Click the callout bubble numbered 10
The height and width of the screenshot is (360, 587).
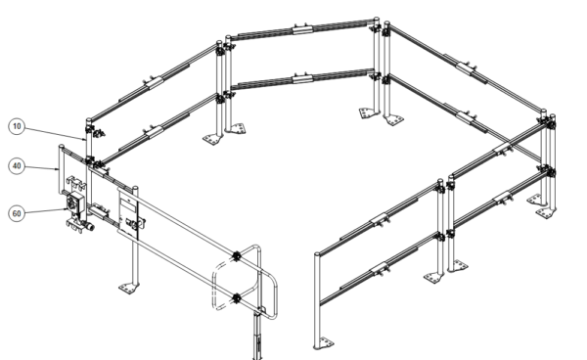pyautogui.click(x=17, y=126)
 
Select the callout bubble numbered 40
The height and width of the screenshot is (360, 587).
pyautogui.click(x=17, y=166)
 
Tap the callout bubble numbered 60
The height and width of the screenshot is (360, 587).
pyautogui.click(x=17, y=213)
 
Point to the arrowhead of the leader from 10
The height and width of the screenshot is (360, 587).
pyautogui.click(x=84, y=139)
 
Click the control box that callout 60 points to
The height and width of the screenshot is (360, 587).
pyautogui.click(x=73, y=203)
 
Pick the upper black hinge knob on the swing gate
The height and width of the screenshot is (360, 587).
pyautogui.click(x=237, y=256)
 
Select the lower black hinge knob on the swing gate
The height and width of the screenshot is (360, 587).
pyautogui.click(x=237, y=298)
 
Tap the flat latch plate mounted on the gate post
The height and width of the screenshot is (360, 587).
pyautogui.click(x=127, y=214)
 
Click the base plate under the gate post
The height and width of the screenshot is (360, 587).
pyautogui.click(x=128, y=289)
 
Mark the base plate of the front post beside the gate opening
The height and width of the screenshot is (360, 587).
pyautogui.click(x=324, y=343)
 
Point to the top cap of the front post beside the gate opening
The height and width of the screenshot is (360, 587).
pyautogui.click(x=317, y=254)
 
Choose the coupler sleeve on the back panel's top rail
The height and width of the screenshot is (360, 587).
pyautogui.click(x=302, y=29)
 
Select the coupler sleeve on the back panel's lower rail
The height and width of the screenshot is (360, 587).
pyautogui.click(x=302, y=79)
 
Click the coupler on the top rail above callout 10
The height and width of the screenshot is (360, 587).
pyautogui.click(x=155, y=82)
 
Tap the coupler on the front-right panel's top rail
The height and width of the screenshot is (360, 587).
pyautogui.click(x=381, y=219)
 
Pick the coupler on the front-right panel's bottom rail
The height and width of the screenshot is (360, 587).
pyautogui.click(x=381, y=268)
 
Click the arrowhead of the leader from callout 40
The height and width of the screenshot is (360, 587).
pyautogui.click(x=57, y=169)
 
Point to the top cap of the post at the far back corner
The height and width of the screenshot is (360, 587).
pyautogui.click(x=377, y=20)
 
